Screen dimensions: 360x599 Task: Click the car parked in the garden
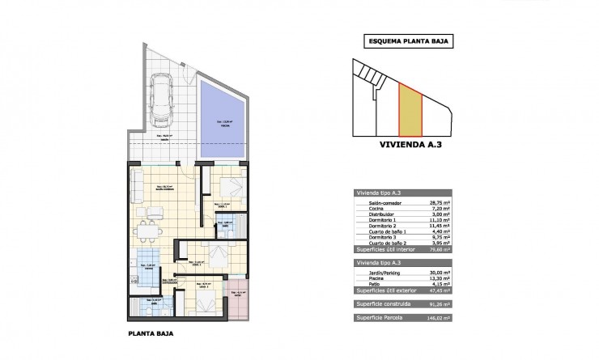pyautogui.click(x=159, y=99)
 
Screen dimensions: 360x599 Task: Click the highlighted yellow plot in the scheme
pyautogui.click(x=411, y=111)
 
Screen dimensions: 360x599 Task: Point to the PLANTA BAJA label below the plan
pyautogui.click(x=151, y=332)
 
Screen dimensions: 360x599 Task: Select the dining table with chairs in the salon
pyautogui.click(x=148, y=229)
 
